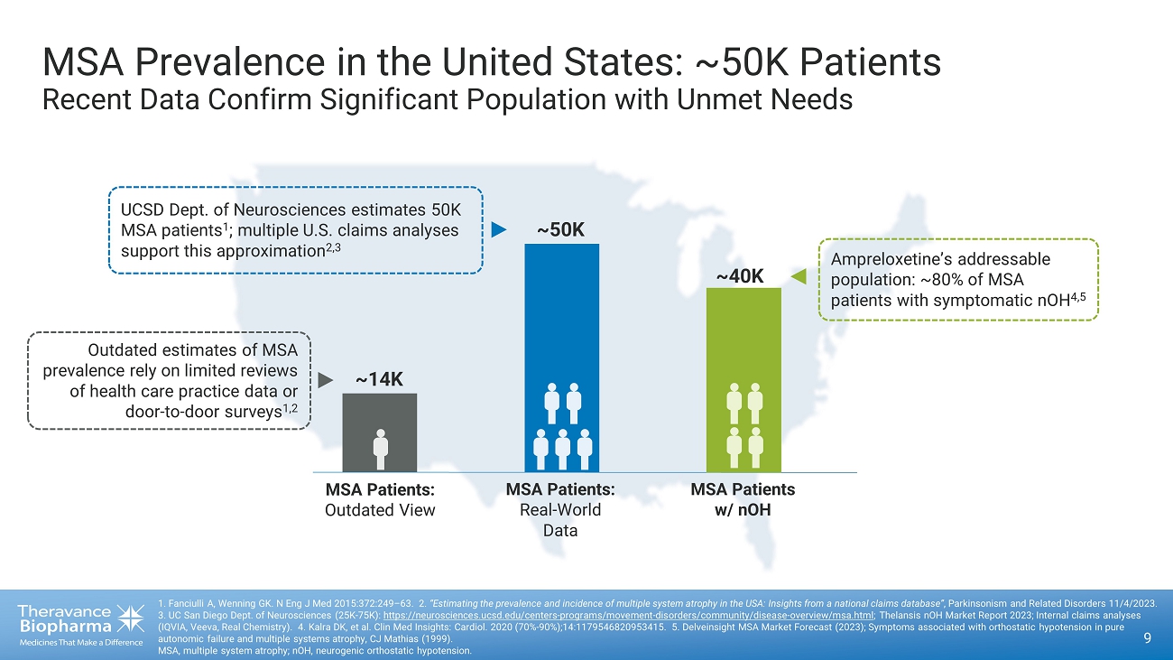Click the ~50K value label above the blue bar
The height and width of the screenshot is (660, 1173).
point(560,230)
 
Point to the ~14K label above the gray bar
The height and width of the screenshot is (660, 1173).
point(379,380)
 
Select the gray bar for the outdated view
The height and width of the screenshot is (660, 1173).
point(379,415)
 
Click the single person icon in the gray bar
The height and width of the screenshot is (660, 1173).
point(381,449)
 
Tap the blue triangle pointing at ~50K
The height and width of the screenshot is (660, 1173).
point(499,229)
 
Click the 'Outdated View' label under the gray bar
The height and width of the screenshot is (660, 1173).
point(380,510)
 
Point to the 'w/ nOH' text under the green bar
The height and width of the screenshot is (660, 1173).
point(743,510)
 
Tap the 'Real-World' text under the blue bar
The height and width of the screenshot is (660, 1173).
point(560,510)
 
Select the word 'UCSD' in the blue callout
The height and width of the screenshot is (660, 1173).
point(141,210)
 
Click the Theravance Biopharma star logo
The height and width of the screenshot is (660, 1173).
point(129,618)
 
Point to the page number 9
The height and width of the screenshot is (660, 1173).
point(1147,638)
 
